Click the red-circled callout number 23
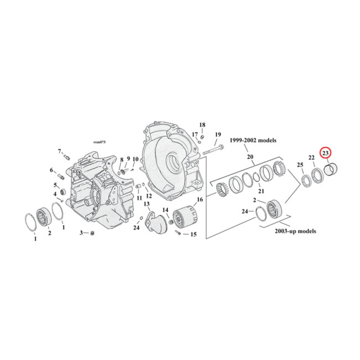(325, 153)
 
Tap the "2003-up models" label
(295, 231)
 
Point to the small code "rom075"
(99, 142)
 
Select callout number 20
(251, 157)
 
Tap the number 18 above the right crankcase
(202, 125)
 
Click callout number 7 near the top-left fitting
(59, 151)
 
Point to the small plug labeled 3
(91, 233)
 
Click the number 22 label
(311, 157)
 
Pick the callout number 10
(135, 159)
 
